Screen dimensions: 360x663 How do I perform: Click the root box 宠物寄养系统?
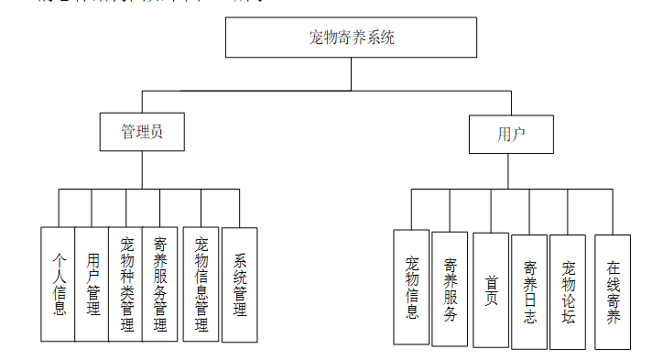(x=352, y=38)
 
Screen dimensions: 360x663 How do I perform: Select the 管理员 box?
(x=142, y=131)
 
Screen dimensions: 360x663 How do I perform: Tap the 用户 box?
(x=511, y=134)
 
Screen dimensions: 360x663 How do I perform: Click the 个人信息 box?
(x=59, y=284)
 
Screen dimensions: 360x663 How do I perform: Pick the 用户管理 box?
(x=92, y=284)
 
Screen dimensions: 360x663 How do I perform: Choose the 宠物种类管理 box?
(x=125, y=284)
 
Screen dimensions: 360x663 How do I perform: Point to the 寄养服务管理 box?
(x=159, y=284)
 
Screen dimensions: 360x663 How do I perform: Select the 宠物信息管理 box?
(x=201, y=284)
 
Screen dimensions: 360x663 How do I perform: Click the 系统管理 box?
(x=240, y=284)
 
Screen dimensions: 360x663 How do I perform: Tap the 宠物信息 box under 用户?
(x=411, y=287)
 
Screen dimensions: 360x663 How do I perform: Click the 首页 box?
(x=491, y=289)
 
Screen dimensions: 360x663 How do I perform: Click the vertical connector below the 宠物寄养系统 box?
(x=352, y=73)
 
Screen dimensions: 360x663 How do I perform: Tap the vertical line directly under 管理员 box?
(x=142, y=169)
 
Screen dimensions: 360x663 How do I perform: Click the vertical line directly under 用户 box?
(x=511, y=170)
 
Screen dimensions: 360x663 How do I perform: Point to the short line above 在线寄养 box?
(x=613, y=212)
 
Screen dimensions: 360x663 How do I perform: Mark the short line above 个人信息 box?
(x=59, y=208)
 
